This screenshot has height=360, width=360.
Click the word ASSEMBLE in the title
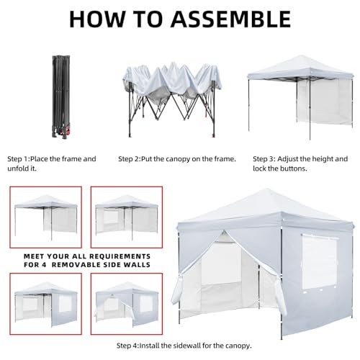pyautogui.click(x=230, y=19)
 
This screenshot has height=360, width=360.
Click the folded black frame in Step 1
pyautogui.click(x=61, y=97)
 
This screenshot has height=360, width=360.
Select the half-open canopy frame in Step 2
pyautogui.click(x=172, y=99)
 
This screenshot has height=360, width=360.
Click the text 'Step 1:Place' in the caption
pyautogui.click(x=27, y=159)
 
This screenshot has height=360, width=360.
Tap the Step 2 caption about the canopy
pyautogui.click(x=177, y=159)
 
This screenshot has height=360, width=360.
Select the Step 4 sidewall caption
pyautogui.click(x=184, y=346)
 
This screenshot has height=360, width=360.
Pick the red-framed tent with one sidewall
pyautogui.click(x=46, y=217)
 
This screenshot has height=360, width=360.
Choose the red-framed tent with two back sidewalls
pyautogui.click(x=127, y=217)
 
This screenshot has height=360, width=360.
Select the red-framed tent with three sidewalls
pyautogui.click(x=46, y=305)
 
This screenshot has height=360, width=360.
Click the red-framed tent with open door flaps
pyautogui.click(x=127, y=305)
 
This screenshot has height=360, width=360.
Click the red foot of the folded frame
pyautogui.click(x=69, y=131)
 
